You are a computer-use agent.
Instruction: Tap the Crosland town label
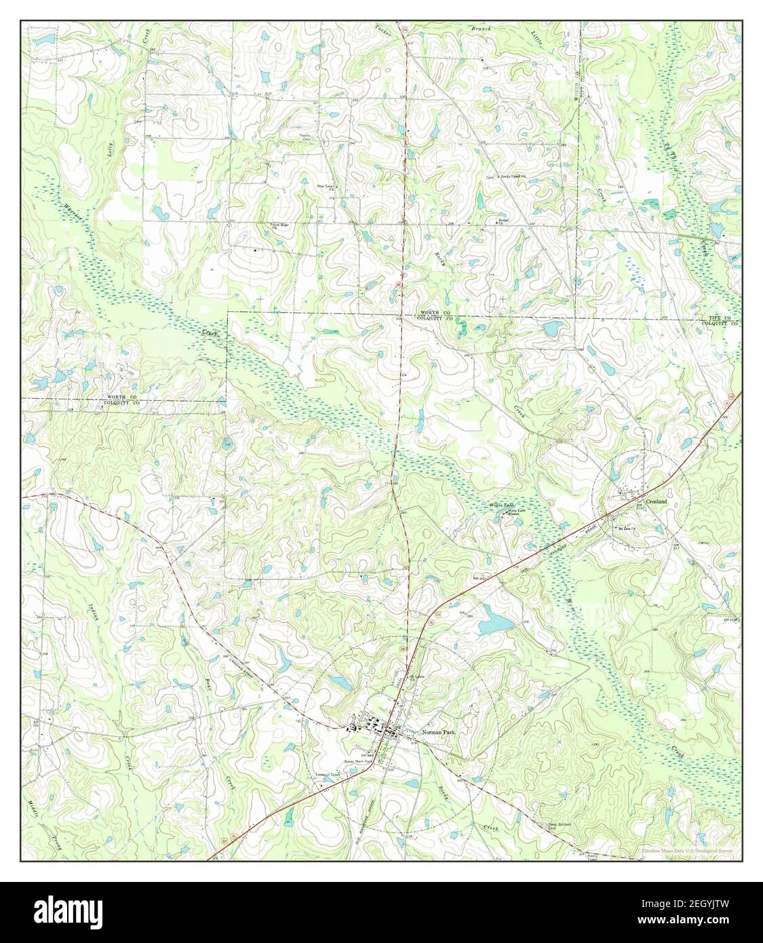656,501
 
